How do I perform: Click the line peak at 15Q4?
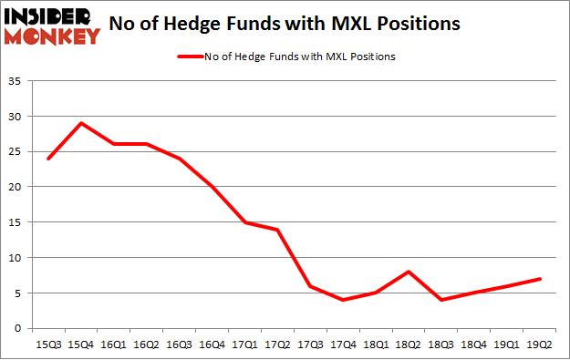coord(81,123)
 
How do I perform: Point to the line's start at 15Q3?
coord(48,159)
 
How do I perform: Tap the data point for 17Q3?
coord(310,285)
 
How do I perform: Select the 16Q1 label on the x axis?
coord(114,345)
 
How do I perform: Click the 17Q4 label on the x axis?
coord(343,345)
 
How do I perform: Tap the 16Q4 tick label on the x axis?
coord(212,345)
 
